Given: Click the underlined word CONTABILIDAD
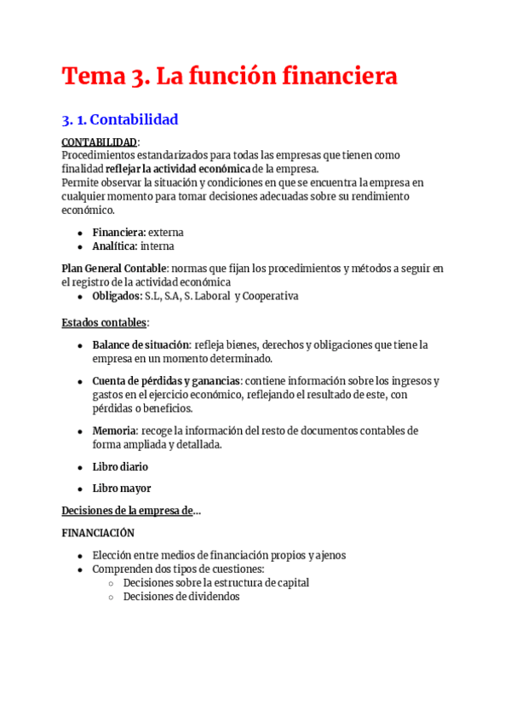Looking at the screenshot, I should click(x=99, y=142).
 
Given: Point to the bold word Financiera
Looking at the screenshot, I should click(x=118, y=232).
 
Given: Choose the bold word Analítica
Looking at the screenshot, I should click(x=115, y=246).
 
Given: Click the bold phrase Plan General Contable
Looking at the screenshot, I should click(x=114, y=269).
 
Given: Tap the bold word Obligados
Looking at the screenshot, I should click(x=117, y=296).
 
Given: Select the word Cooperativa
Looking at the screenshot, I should click(x=272, y=296).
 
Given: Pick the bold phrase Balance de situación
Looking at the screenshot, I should click(x=141, y=345).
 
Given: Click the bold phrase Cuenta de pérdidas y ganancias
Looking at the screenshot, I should click(x=166, y=381).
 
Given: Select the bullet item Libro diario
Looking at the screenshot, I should click(x=120, y=467).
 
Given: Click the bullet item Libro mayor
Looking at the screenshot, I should click(x=122, y=489).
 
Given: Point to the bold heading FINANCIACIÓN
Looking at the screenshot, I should click(x=98, y=533).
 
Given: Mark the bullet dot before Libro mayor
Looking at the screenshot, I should click(x=80, y=489).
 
